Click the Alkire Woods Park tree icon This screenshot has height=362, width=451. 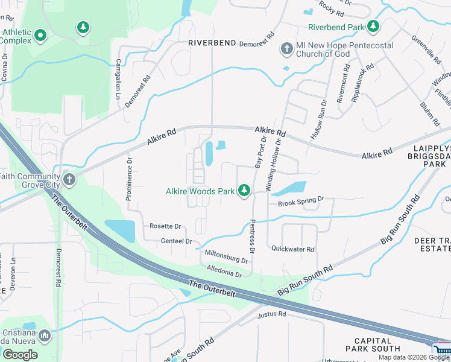(x=244, y=191)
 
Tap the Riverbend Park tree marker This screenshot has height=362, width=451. (x=374, y=27)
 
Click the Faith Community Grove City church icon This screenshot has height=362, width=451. (x=69, y=179)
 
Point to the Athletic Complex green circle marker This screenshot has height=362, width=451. (x=40, y=36)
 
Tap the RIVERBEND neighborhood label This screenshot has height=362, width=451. (x=210, y=43)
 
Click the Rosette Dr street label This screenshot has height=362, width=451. (x=165, y=226)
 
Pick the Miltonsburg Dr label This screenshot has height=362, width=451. (x=226, y=256)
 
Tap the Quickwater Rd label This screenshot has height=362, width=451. (x=293, y=249)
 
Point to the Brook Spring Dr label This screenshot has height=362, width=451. (x=301, y=203)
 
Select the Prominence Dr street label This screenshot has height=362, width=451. (x=129, y=178)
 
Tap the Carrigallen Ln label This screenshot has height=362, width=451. (x=119, y=78)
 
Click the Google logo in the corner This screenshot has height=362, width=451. (x=20, y=354)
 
